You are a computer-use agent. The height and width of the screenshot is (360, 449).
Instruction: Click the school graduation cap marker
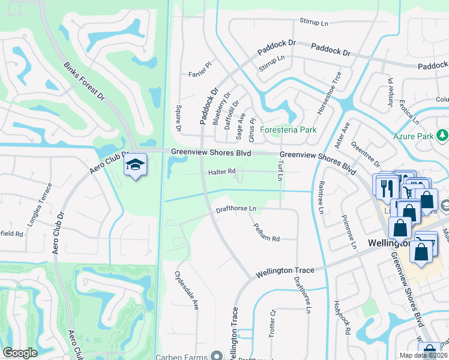[136, 164]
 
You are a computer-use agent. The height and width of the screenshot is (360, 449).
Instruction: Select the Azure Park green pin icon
[443, 136]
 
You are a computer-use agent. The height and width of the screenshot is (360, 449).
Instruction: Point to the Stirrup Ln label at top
[315, 23]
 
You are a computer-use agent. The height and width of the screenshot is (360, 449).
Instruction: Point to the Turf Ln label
[280, 170]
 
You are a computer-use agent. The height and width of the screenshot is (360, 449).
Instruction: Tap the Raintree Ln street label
[321, 197]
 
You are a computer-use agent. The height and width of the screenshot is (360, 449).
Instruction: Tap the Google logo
[20, 353]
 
